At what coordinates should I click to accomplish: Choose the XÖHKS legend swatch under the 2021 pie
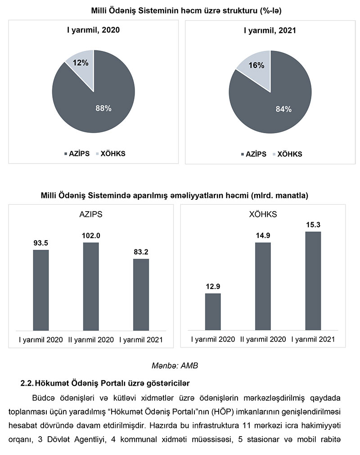pyautogui.click(x=274, y=154)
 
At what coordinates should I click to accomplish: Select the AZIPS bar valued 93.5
pyautogui.click(x=41, y=290)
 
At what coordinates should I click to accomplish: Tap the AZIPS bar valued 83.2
pyautogui.click(x=141, y=295)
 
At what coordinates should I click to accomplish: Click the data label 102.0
pyautogui.click(x=91, y=235)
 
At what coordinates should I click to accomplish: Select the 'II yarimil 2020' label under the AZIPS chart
pyautogui.click(x=91, y=339)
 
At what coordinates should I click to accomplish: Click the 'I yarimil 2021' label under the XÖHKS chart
pyautogui.click(x=313, y=339)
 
